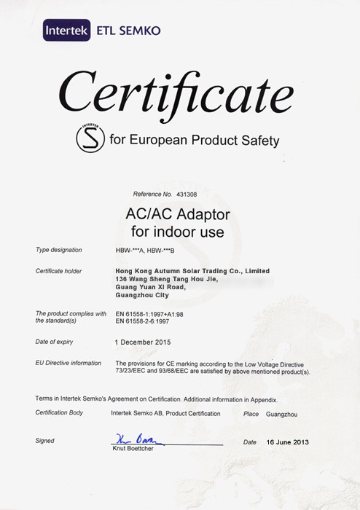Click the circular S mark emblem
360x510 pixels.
(x=90, y=138)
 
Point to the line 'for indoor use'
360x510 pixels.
(x=177, y=233)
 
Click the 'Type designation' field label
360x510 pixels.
(x=59, y=250)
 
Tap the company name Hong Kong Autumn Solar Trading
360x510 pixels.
(x=192, y=271)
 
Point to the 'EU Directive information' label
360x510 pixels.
(x=69, y=363)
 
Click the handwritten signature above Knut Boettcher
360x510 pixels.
(x=138, y=439)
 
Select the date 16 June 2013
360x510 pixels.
(x=289, y=442)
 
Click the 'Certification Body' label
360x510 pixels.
(x=60, y=413)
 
